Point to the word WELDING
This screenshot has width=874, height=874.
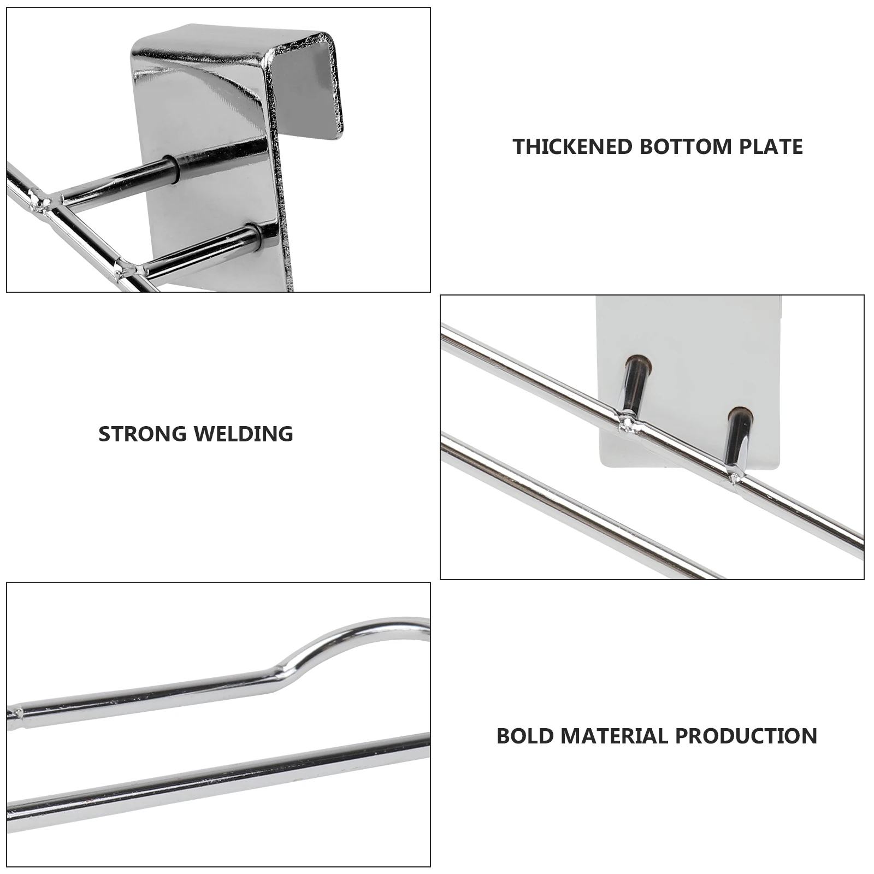click(x=244, y=434)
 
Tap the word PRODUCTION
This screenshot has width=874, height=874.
click(x=746, y=736)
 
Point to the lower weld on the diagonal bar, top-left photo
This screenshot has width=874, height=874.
click(x=128, y=269)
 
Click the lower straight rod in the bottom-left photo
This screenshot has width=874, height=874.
click(x=218, y=776)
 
